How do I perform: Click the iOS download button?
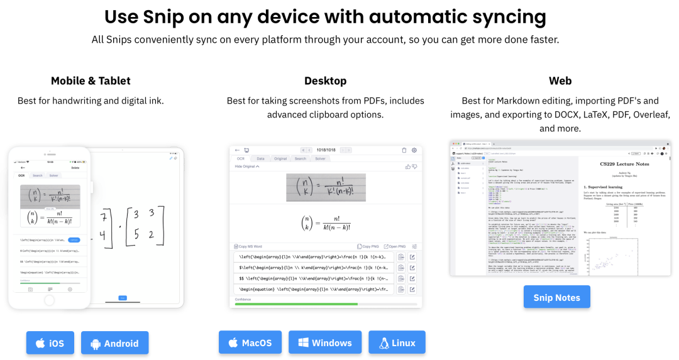(50, 343)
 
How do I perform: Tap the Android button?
(114, 343)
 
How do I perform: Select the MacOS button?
(250, 342)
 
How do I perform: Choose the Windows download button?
(324, 342)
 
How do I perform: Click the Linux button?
(397, 342)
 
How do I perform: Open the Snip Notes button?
(556, 297)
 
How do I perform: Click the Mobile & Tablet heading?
(91, 80)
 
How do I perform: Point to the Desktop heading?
(325, 80)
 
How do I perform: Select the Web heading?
(560, 80)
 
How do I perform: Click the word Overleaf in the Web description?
(648, 114)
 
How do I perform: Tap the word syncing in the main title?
(507, 16)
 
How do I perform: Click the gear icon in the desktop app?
(414, 150)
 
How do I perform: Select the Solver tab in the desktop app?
(321, 158)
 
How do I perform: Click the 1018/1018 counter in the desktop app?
(326, 150)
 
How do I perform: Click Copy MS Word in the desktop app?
(250, 247)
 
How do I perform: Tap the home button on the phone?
(49, 300)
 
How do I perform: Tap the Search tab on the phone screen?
(38, 175)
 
